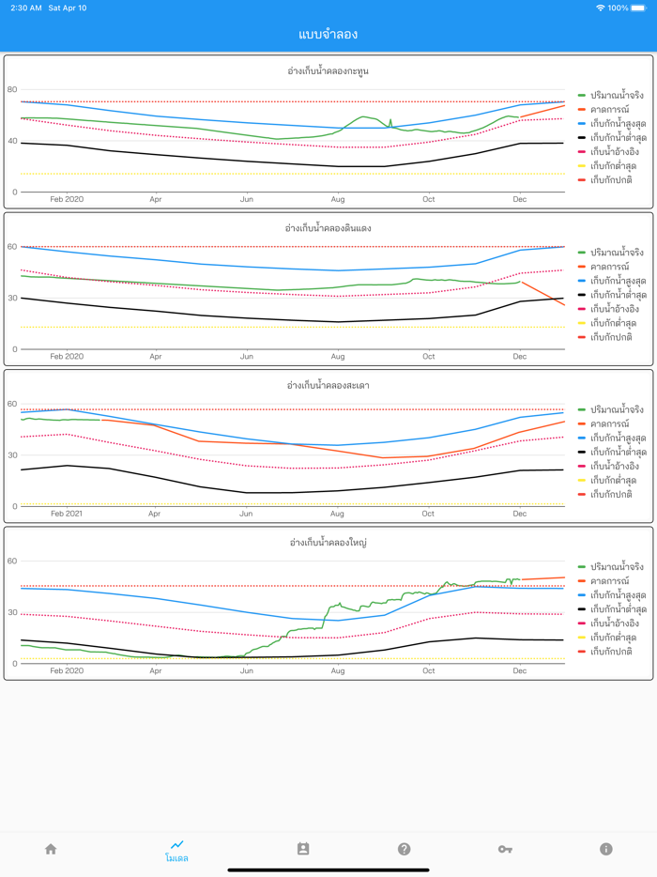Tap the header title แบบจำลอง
pos(328,35)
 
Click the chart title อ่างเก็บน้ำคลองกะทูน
pos(328,70)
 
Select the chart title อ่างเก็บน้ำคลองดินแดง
pos(328,228)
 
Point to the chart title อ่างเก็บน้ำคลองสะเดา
pos(328,385)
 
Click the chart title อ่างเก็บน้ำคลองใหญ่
pos(328,543)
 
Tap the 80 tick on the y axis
pos(12,90)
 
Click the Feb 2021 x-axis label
pos(67,514)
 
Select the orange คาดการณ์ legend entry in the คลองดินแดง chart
pos(609,267)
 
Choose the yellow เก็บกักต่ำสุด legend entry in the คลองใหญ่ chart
pos(610,638)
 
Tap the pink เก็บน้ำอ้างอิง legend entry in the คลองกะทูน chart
pos(614,152)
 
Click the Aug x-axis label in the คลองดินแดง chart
pos(338,357)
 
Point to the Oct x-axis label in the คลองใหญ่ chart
pos(429,671)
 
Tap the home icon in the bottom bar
pos(51,849)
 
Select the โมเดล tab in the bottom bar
pos(176,851)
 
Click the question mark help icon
pos(404,849)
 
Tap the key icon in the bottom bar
pos(505,849)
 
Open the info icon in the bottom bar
pos(605,849)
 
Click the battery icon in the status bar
pos(641,8)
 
